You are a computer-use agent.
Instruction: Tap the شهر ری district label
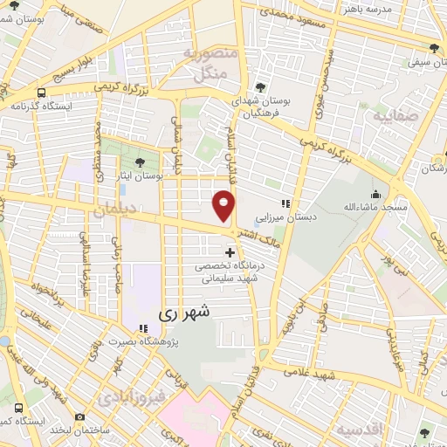tap(183, 311)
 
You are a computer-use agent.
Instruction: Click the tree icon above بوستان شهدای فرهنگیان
tap(261, 86)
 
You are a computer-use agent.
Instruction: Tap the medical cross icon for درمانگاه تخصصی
tap(230, 253)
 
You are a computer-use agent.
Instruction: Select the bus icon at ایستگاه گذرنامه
tap(42, 92)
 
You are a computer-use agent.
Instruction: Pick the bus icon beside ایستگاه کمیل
tap(19, 408)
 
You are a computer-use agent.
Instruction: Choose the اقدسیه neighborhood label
tap(363, 430)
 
